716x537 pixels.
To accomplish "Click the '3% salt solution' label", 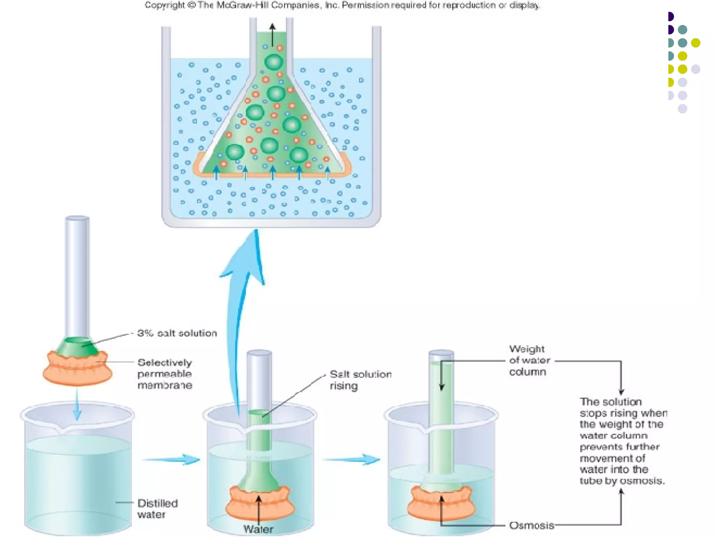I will pos(177,333).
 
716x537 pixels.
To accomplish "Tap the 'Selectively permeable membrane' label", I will pos(165,374).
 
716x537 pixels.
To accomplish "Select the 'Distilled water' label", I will pos(157,509).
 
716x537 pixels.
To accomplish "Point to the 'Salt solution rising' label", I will pos(360,380).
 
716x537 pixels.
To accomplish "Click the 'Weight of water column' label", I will pos(529,360).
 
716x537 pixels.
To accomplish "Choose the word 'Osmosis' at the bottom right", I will pos(531,525).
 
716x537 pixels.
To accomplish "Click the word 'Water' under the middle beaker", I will pos(258,529).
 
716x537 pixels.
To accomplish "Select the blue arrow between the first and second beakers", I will pos(171,459).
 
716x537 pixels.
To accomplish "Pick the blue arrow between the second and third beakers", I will pos(351,459).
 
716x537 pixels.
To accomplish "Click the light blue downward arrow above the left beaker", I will pos(77,406).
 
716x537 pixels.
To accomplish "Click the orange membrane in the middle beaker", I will pos(259,503).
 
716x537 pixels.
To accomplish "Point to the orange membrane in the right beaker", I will pos(441,503).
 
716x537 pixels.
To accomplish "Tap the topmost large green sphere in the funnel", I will pos(273,62).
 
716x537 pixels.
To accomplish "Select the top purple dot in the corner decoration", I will pos(671,16).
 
